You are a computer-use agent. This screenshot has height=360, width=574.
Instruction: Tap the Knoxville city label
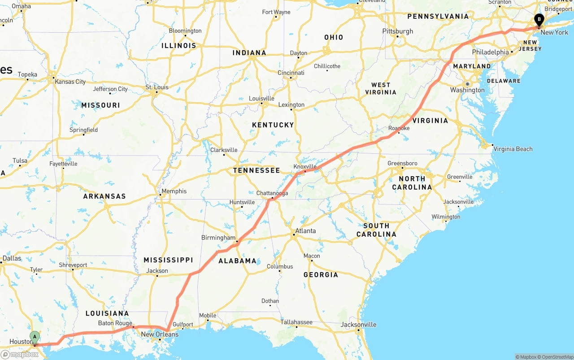(305, 166)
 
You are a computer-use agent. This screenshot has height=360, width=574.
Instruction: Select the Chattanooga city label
(272, 193)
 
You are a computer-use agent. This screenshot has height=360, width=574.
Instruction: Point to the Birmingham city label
(218, 238)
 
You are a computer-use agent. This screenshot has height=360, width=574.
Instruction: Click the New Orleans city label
(160, 334)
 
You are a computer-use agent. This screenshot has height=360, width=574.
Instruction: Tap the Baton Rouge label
(115, 323)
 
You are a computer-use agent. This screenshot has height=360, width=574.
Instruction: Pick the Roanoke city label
(399, 128)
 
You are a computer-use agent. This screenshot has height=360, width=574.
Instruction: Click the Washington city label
(467, 90)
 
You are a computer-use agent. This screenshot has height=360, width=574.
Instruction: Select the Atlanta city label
(305, 231)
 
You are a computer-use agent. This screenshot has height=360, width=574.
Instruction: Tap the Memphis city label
(174, 191)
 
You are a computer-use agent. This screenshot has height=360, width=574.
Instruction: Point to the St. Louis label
(157, 87)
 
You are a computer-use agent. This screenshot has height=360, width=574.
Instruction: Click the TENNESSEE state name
(257, 170)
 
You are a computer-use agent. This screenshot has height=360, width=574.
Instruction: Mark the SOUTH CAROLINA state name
(376, 230)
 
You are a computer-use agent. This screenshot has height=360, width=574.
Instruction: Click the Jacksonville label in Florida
(358, 325)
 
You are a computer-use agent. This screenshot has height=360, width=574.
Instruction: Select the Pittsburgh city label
(397, 31)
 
